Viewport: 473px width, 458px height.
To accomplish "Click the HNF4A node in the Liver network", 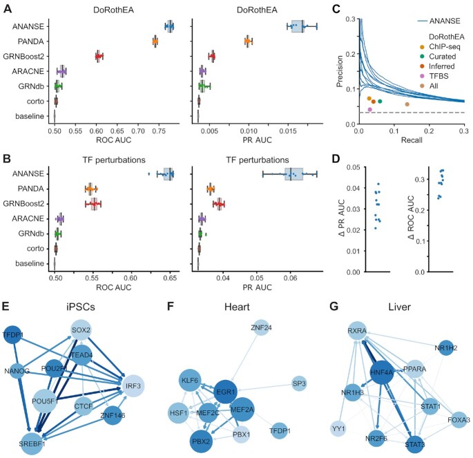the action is tap(382, 373).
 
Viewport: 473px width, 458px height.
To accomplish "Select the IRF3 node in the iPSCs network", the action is tap(133, 386).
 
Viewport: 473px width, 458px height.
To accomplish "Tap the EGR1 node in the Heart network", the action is tap(225, 392).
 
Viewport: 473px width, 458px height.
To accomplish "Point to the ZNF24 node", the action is tap(261, 327).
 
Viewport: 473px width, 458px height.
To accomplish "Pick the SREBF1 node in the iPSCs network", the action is tap(32, 443).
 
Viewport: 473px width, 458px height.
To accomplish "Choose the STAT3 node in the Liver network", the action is tap(415, 444).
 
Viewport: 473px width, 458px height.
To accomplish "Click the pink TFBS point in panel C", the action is tap(370, 109).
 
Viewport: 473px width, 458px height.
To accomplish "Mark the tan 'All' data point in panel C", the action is tap(407, 104).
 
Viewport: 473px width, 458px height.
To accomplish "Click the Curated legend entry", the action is tap(438, 57).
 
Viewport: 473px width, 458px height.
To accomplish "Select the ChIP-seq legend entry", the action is tap(440, 47).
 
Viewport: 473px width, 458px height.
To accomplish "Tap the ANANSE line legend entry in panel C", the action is tap(439, 21).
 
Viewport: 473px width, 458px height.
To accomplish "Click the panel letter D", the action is tap(336, 159).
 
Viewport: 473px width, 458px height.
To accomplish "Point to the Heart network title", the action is tap(237, 307).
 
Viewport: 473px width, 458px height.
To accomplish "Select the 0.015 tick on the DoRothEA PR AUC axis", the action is tap(288, 131).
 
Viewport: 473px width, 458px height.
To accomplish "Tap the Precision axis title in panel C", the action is tap(340, 71).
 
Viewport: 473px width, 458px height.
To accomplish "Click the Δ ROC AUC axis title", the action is tap(411, 217).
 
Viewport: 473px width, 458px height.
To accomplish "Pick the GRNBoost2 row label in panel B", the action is tap(23, 204).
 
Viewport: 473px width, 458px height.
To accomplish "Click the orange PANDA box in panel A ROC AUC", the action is tap(155, 41).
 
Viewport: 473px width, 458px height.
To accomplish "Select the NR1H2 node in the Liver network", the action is tap(446, 348).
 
